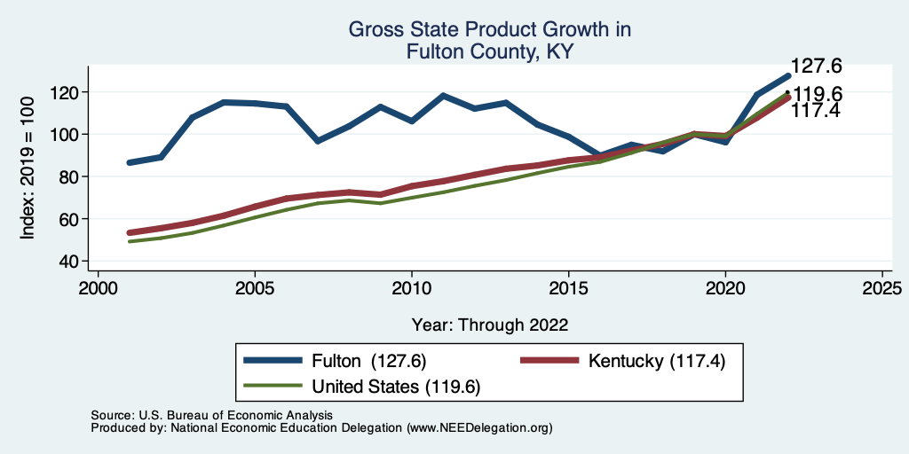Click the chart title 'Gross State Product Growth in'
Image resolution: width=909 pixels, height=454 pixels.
pos(489,30)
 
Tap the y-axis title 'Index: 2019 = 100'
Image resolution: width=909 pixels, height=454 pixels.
pos(28,168)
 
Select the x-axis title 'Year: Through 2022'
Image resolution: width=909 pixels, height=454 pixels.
pos(490,325)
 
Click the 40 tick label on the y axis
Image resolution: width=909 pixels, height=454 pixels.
pos(70,261)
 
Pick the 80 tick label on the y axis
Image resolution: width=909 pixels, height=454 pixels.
pos(70,176)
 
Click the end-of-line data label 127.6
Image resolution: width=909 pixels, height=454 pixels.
pos(816,66)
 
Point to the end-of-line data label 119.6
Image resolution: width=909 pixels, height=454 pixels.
pos(818,94)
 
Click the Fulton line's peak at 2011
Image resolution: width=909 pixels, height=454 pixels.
pos(443,95)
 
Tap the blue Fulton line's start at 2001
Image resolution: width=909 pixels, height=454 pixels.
pos(130,162)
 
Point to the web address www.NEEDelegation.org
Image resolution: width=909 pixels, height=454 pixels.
pos(479,427)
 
